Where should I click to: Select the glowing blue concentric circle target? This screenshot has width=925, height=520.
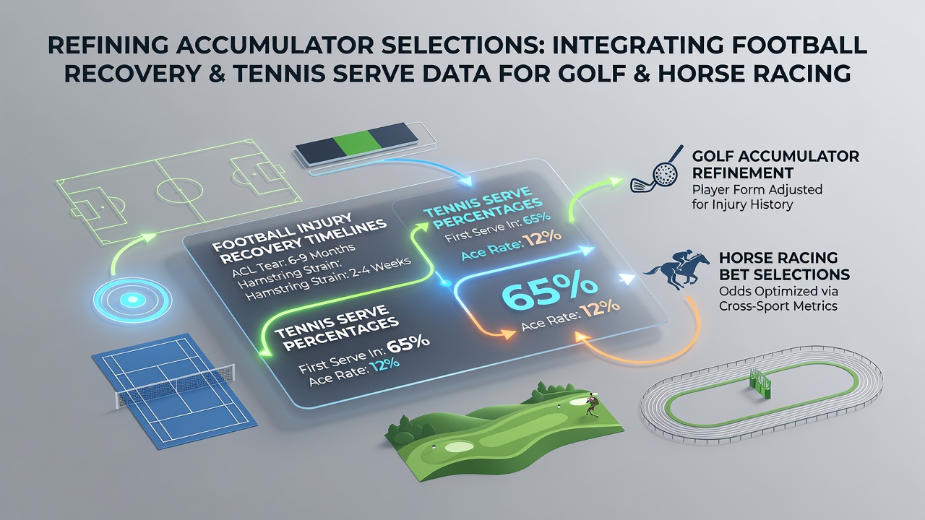tap(132, 299)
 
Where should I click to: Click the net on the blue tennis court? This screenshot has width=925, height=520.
tap(176, 386)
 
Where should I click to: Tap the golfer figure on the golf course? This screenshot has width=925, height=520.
tap(591, 405)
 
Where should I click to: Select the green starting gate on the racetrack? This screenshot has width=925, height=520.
tap(760, 383)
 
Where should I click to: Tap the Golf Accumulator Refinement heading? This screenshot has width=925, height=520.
tap(775, 164)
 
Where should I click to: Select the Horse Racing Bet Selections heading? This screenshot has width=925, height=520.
tap(784, 266)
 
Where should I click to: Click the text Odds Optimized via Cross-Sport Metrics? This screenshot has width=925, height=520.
tap(778, 299)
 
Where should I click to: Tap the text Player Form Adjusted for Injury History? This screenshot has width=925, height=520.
tap(757, 197)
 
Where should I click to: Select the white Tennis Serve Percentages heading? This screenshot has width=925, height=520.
tap(336, 329)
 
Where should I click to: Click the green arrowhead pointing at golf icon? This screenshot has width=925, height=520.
tap(616, 181)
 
